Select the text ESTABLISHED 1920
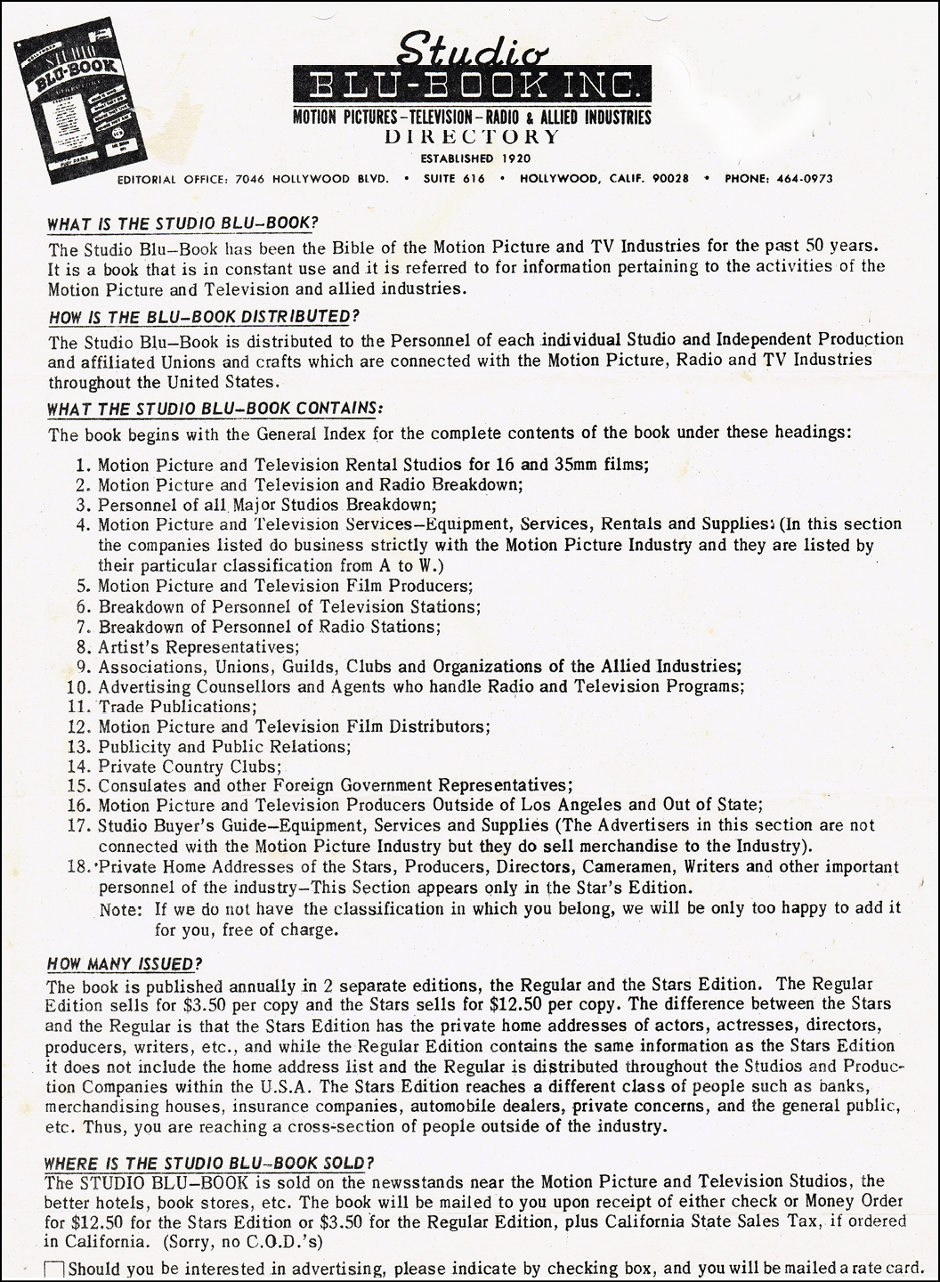click(x=472, y=158)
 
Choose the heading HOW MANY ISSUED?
click(x=125, y=964)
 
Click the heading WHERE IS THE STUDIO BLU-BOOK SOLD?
click(x=210, y=1163)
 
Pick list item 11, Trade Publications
click(x=177, y=707)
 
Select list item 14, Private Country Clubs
click(x=190, y=767)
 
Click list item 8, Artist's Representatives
click(x=199, y=646)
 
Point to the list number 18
click(x=77, y=867)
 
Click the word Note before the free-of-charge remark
click(x=118, y=909)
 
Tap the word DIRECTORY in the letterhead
click(x=472, y=136)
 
